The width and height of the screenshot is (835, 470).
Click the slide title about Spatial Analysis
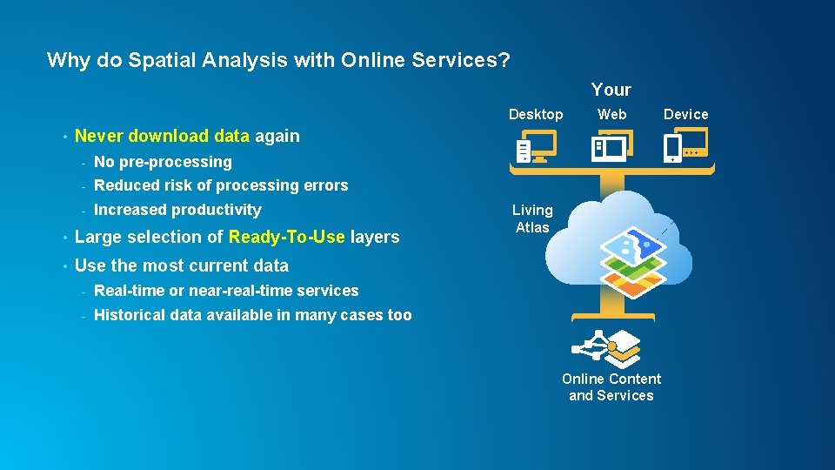tap(277, 60)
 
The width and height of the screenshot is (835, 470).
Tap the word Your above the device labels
tap(611, 90)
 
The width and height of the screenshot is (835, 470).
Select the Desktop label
tap(536, 114)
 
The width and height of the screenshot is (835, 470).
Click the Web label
tap(611, 114)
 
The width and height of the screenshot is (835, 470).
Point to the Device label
tap(685, 114)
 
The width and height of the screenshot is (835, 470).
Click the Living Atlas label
tap(532, 218)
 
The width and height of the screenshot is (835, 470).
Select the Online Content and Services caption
tap(611, 387)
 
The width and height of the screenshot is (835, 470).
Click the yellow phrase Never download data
tap(163, 136)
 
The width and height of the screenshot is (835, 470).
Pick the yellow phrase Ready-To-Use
tap(287, 237)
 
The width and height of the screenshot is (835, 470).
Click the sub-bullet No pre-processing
tap(163, 162)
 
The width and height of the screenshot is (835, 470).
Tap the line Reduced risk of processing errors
tap(221, 185)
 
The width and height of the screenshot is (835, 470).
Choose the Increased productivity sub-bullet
tap(177, 210)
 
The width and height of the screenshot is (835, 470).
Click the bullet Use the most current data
tap(182, 265)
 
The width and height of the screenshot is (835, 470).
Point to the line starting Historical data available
tap(252, 315)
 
